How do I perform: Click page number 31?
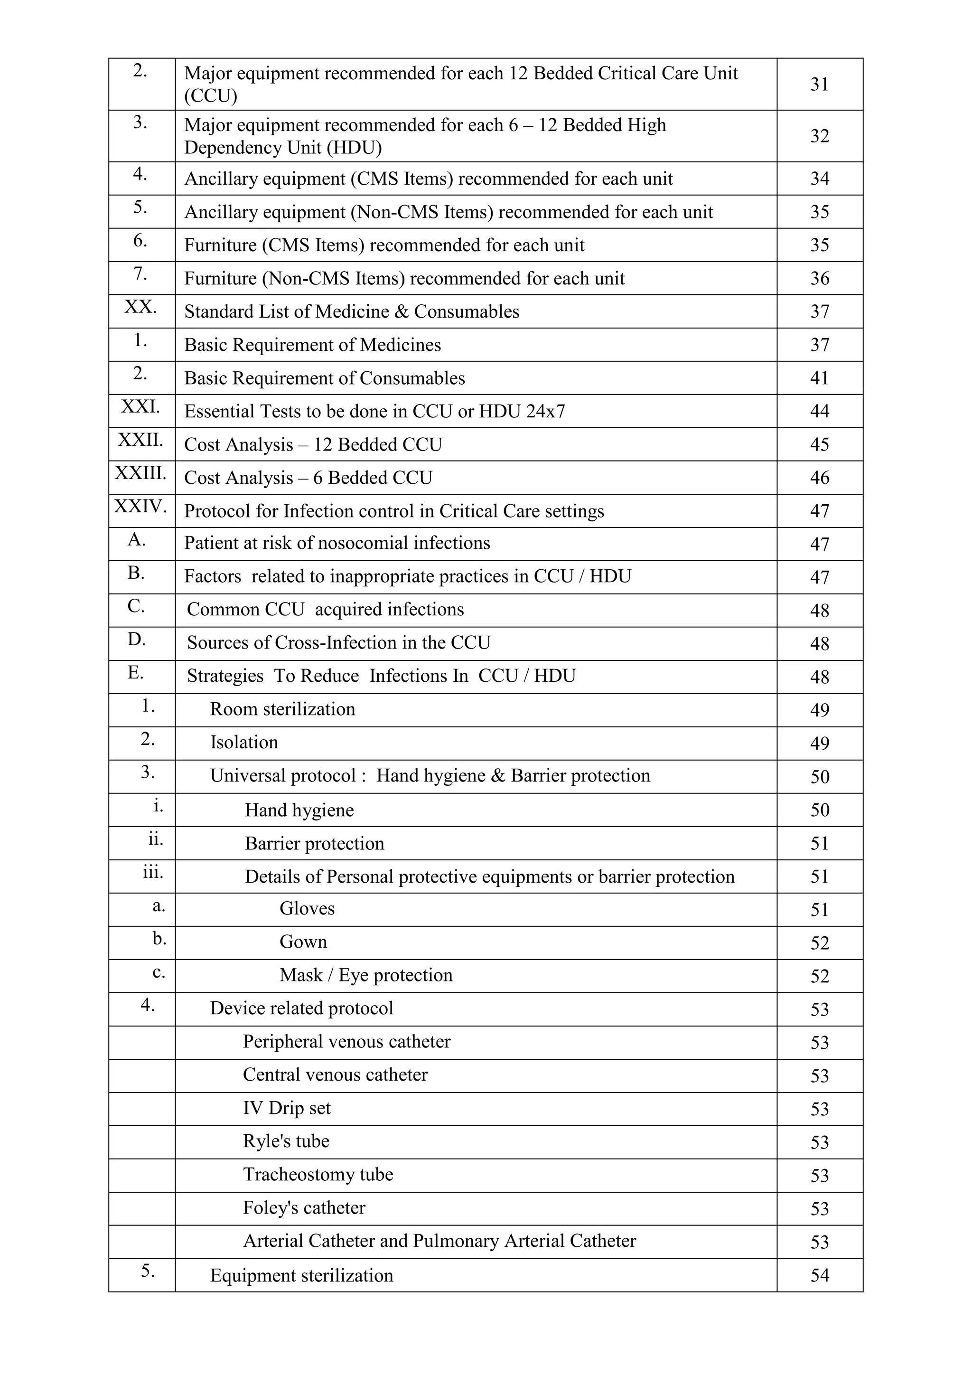point(819,85)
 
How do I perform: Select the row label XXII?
point(140,440)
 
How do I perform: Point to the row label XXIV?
point(140,507)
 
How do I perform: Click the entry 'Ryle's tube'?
point(286,1141)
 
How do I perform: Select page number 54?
point(819,1276)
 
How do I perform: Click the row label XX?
point(140,307)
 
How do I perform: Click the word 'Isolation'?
point(244,743)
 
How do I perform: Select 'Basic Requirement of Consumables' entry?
point(325,378)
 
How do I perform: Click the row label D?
point(137,640)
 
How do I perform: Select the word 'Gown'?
point(303,942)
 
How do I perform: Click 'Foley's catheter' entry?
point(304,1208)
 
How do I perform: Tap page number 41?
point(819,378)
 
